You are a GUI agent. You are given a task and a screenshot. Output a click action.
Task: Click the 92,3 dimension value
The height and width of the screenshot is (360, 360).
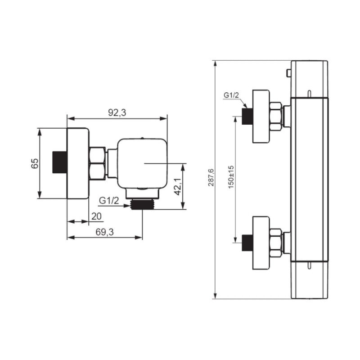pyautogui.click(x=117, y=113)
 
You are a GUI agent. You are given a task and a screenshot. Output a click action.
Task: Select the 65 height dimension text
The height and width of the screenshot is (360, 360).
pyautogui.click(x=35, y=163)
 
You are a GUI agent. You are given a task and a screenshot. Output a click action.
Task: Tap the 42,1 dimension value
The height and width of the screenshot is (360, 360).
pyautogui.click(x=178, y=187)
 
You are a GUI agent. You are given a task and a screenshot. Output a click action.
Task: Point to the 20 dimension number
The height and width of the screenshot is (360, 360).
pyautogui.click(x=96, y=216)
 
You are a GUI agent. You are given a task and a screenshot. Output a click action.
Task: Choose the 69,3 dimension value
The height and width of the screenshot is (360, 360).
pyautogui.click(x=105, y=232)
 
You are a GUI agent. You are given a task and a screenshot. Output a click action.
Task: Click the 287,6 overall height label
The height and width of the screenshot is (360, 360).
pyautogui.click(x=211, y=177)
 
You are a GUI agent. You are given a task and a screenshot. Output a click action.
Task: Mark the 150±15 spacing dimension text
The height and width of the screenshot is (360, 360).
pyautogui.click(x=231, y=177)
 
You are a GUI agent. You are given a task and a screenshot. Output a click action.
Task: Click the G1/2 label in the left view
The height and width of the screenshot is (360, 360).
pyautogui.click(x=109, y=201)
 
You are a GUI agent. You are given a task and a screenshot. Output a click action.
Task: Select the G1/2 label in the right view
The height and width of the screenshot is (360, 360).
pyautogui.click(x=231, y=95)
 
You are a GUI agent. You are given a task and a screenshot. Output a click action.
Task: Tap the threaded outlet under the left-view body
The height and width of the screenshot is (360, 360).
pyautogui.click(x=142, y=204)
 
